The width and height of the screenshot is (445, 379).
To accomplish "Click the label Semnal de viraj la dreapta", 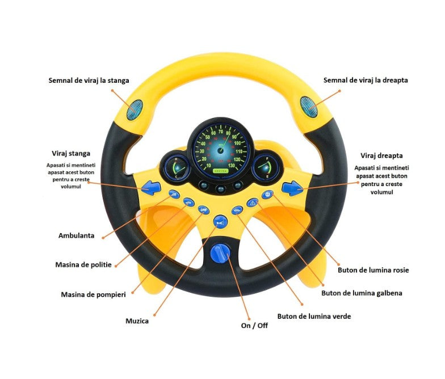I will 366,80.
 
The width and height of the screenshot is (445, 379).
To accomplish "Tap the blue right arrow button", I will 293,186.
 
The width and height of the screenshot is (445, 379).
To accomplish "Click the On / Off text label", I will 255,325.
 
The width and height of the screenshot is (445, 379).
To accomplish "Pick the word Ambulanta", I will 76,235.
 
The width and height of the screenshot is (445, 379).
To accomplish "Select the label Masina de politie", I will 83,264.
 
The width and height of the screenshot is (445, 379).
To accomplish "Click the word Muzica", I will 137,321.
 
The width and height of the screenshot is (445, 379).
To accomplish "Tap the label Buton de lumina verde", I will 314,316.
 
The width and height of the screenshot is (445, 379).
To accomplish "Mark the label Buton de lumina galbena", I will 362,293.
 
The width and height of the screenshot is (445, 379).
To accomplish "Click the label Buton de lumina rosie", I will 373,270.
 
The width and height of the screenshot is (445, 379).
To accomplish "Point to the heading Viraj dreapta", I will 381,155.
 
